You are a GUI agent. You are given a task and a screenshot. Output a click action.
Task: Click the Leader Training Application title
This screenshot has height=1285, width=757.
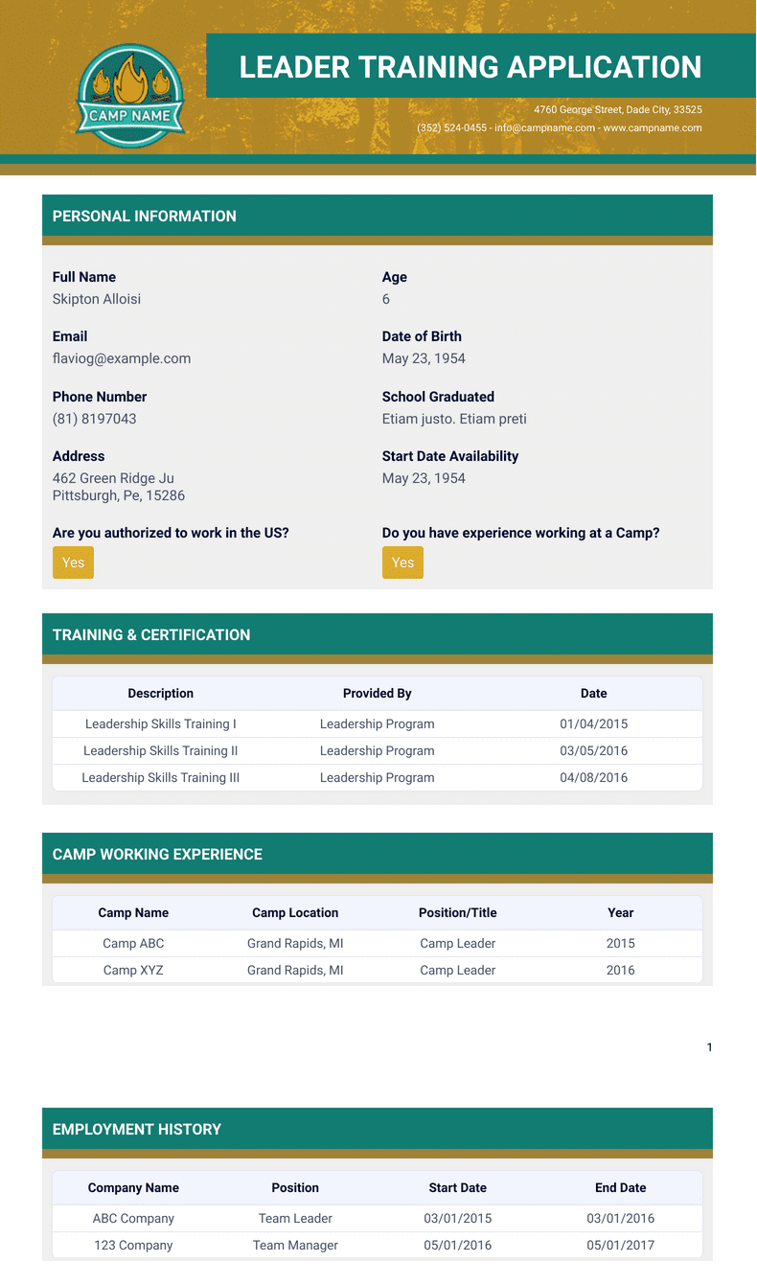click(x=470, y=67)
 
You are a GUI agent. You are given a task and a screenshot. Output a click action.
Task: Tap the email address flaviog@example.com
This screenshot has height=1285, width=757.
click(x=122, y=358)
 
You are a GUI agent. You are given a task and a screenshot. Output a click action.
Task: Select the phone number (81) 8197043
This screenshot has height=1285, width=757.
click(x=95, y=419)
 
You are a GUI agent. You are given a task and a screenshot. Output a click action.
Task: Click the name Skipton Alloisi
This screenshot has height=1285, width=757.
click(x=97, y=299)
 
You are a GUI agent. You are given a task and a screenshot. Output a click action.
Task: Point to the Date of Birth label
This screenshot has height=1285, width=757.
click(x=422, y=336)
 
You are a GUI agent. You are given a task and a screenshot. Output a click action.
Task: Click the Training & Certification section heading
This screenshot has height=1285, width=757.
click(x=151, y=634)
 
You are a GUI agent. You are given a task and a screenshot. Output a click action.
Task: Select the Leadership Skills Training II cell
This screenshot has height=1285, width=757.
click(x=161, y=750)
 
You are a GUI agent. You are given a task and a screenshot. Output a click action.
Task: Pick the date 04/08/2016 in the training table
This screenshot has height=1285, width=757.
click(x=594, y=777)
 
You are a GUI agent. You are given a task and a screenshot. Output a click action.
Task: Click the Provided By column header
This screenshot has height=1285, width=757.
click(x=378, y=693)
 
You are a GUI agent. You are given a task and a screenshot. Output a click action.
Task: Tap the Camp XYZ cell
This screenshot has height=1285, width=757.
click(x=133, y=970)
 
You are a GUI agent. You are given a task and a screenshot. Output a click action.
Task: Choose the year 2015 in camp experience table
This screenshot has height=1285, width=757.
click(x=621, y=943)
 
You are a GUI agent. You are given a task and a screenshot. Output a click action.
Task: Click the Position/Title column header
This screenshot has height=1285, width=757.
click(x=458, y=912)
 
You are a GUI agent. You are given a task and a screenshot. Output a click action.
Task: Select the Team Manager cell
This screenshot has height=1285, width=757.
click(x=295, y=1245)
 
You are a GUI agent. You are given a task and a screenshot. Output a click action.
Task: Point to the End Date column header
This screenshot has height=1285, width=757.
click(x=621, y=1187)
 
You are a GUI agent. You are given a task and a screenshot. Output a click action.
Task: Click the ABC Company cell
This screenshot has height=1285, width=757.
click(x=133, y=1218)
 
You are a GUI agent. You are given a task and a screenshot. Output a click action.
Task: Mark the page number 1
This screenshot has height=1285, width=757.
click(x=709, y=1047)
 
